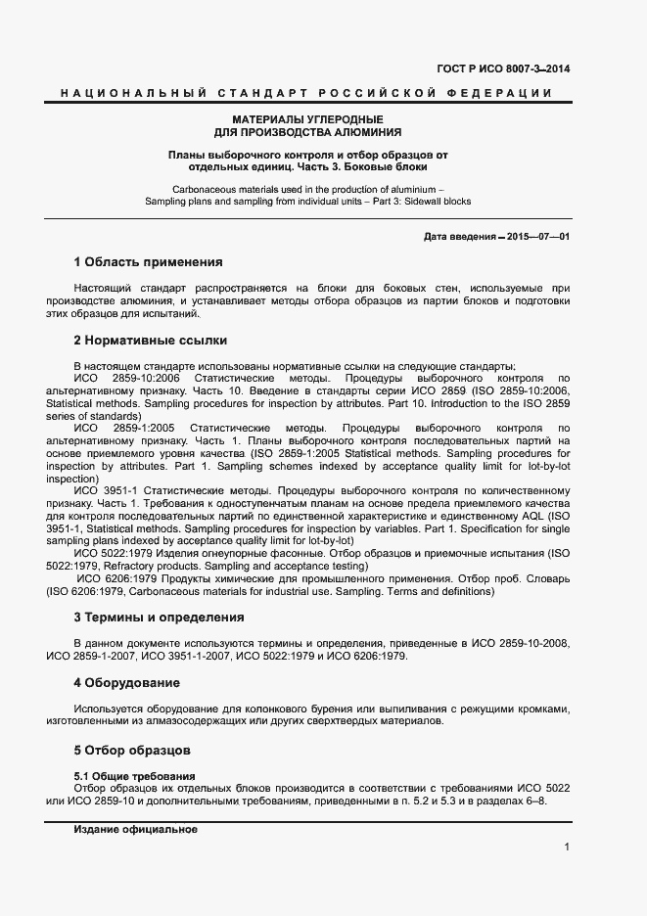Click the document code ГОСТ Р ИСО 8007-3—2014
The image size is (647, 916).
503,69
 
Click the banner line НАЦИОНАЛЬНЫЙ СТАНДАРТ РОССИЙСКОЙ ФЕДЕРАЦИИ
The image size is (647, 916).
306,93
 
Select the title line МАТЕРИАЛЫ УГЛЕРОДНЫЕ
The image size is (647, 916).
307,118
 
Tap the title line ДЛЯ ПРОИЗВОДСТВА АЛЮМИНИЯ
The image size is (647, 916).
307,131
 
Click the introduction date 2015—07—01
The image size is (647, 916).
536,237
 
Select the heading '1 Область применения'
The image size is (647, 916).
148,262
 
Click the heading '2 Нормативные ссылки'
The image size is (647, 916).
150,341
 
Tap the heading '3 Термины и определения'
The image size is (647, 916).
159,618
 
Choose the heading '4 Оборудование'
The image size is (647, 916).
126,682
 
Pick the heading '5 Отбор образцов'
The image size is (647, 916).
132,751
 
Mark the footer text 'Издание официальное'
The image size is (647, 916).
136,829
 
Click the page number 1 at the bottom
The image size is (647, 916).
567,847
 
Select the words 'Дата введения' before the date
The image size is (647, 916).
458,237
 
